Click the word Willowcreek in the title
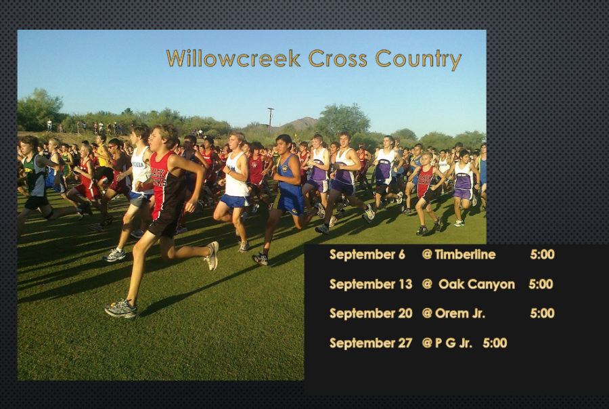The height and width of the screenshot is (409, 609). click(x=233, y=58)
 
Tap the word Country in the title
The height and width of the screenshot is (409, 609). click(x=418, y=60)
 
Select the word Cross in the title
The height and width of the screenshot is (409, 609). click(x=338, y=58)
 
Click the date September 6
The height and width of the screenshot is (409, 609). click(x=367, y=255)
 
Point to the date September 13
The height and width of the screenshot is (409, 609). click(x=371, y=284)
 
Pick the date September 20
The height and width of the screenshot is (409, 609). click(x=371, y=314)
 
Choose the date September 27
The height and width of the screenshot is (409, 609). click(x=371, y=343)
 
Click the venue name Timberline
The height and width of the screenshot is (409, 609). click(x=465, y=255)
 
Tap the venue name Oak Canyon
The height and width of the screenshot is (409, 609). click(x=476, y=284)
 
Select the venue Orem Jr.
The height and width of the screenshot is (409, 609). click(x=460, y=314)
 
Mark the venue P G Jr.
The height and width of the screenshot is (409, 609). click(x=453, y=343)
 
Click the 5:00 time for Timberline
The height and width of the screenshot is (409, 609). click(x=542, y=255)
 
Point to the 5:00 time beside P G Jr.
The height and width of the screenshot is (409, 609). click(x=495, y=343)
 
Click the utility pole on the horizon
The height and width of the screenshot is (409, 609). click(x=270, y=116)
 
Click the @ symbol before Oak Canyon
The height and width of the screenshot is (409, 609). click(x=427, y=284)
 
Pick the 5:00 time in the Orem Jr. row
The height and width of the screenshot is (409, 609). click(x=542, y=314)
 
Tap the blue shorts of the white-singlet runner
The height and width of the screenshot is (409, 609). click(x=235, y=200)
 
